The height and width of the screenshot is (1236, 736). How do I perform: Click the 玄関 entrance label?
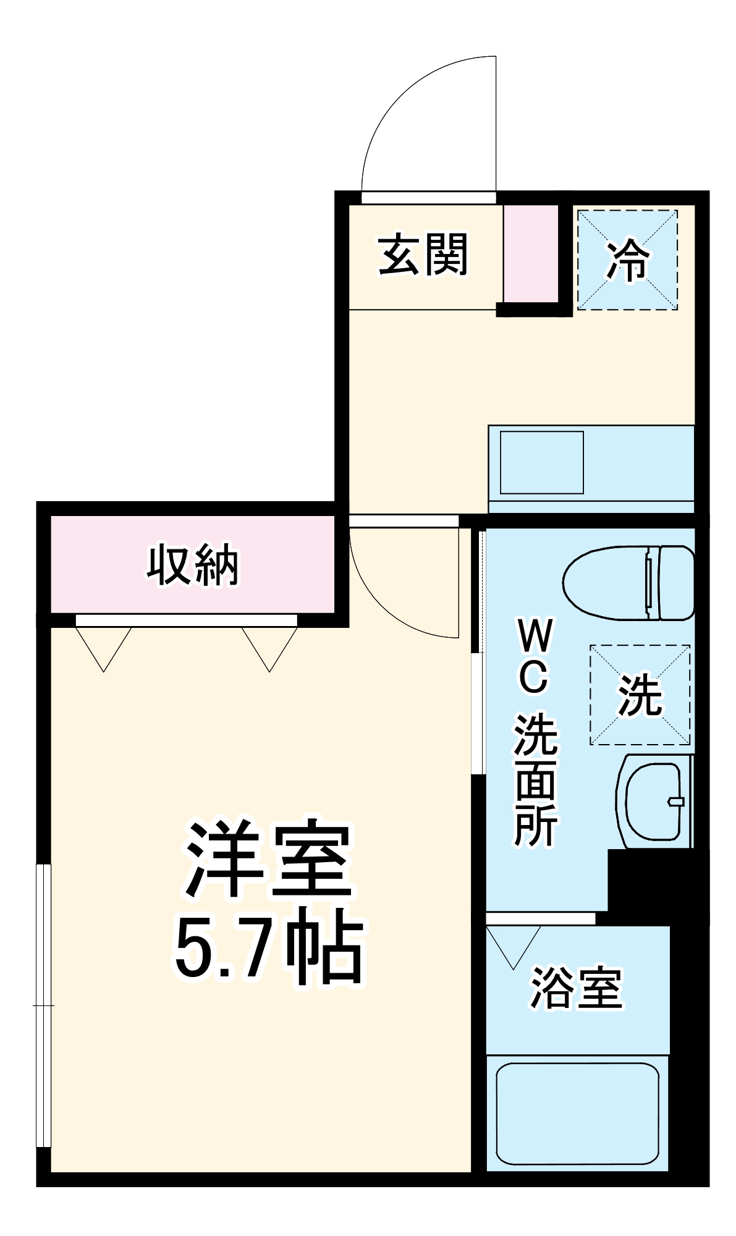click(423, 255)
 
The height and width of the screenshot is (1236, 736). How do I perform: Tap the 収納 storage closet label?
click(192, 565)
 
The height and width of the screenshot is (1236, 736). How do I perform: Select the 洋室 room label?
click(268, 860)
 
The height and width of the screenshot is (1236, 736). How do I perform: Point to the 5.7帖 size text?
click(268, 948)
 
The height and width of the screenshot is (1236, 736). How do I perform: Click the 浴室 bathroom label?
click(576, 988)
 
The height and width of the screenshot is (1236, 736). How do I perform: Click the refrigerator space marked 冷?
click(627, 260)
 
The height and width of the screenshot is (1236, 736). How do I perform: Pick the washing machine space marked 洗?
click(640, 695)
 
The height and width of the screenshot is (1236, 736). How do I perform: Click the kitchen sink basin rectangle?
click(541, 462)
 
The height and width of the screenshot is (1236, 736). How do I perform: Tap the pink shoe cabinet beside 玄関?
click(530, 253)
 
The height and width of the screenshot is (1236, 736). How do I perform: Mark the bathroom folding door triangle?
click(514, 945)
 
